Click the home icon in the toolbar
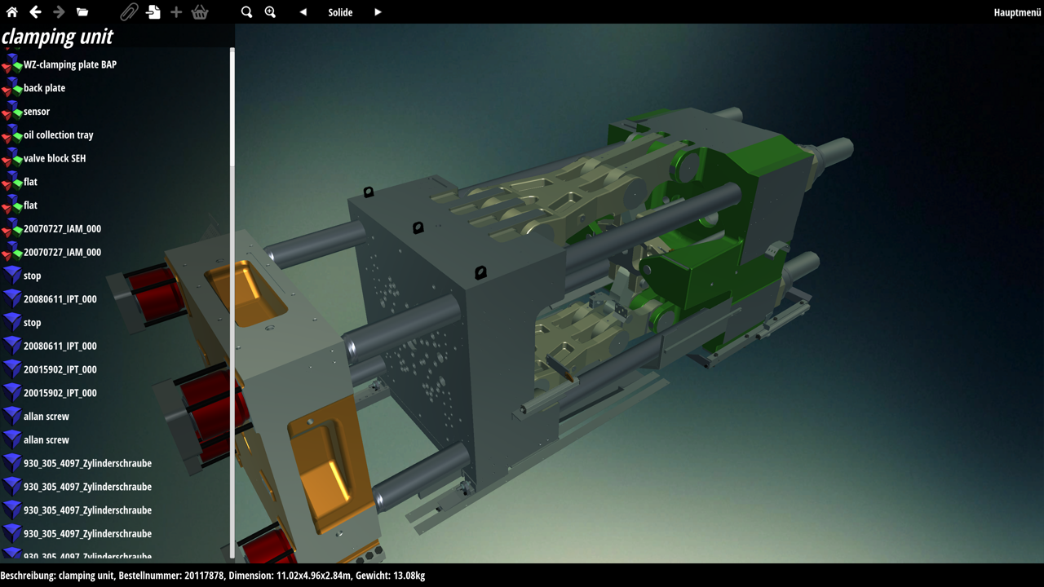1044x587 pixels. click(12, 12)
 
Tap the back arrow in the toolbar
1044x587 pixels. click(35, 12)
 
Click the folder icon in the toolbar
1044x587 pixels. click(82, 12)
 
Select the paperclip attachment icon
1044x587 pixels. click(129, 12)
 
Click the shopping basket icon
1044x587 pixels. click(200, 12)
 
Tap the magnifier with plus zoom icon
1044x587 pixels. click(270, 12)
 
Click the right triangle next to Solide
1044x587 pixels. click(378, 12)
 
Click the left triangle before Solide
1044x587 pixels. click(303, 12)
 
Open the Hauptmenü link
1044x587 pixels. click(1017, 12)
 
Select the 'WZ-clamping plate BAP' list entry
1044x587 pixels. click(70, 64)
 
